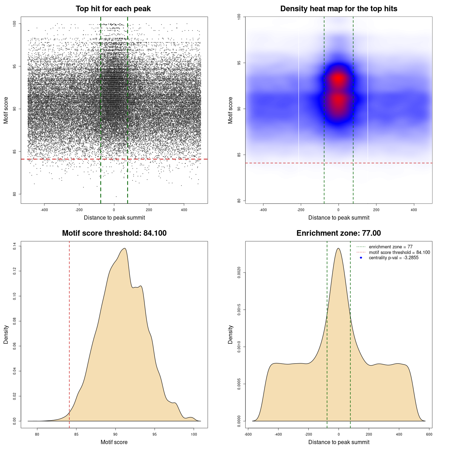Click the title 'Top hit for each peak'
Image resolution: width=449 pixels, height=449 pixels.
point(113,9)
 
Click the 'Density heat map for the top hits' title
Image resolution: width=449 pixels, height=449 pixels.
point(339,9)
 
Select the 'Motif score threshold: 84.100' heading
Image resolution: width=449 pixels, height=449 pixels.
point(114,233)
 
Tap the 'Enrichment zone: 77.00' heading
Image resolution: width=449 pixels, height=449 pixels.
point(339,233)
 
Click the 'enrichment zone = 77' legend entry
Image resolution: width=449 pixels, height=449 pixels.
point(390,247)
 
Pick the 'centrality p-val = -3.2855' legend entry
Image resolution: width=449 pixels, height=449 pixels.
point(394,258)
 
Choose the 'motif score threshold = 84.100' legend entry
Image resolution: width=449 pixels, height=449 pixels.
point(399,253)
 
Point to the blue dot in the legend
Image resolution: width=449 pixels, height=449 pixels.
point(361,258)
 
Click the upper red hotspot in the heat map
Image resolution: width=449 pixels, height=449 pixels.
point(338,79)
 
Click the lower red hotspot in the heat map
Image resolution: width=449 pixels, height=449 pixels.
point(338,101)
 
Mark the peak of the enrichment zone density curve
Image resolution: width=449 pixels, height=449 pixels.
point(338,248)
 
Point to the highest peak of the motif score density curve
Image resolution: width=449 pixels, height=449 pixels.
point(124,248)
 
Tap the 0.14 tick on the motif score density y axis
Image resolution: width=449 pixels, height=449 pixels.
point(14,247)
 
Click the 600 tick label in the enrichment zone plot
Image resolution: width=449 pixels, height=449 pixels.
point(429,434)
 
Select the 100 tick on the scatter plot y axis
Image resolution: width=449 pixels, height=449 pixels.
point(14,24)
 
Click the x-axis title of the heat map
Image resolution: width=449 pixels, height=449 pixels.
point(339,218)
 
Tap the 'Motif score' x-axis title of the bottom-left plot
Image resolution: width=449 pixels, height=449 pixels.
point(114,442)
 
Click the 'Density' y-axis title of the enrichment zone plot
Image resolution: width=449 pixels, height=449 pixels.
point(230,334)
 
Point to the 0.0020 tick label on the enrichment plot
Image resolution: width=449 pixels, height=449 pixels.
point(239,273)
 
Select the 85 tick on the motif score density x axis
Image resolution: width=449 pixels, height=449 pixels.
point(76,434)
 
